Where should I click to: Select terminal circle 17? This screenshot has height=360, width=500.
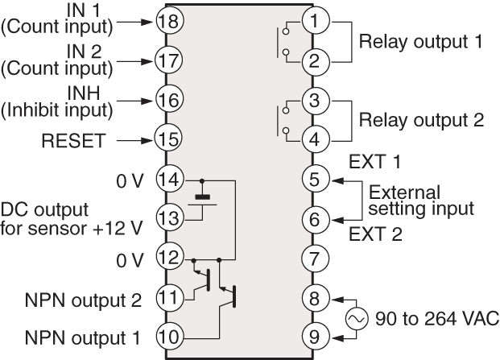pos(167,59)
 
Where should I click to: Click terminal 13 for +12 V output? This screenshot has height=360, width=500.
pos(167,217)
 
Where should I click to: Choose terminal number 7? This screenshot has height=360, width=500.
pos(314,259)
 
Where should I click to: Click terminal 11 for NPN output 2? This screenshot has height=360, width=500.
pos(167,296)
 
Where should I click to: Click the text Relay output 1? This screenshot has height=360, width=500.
pos(421,40)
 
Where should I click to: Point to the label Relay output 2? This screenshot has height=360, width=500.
pos(421,121)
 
